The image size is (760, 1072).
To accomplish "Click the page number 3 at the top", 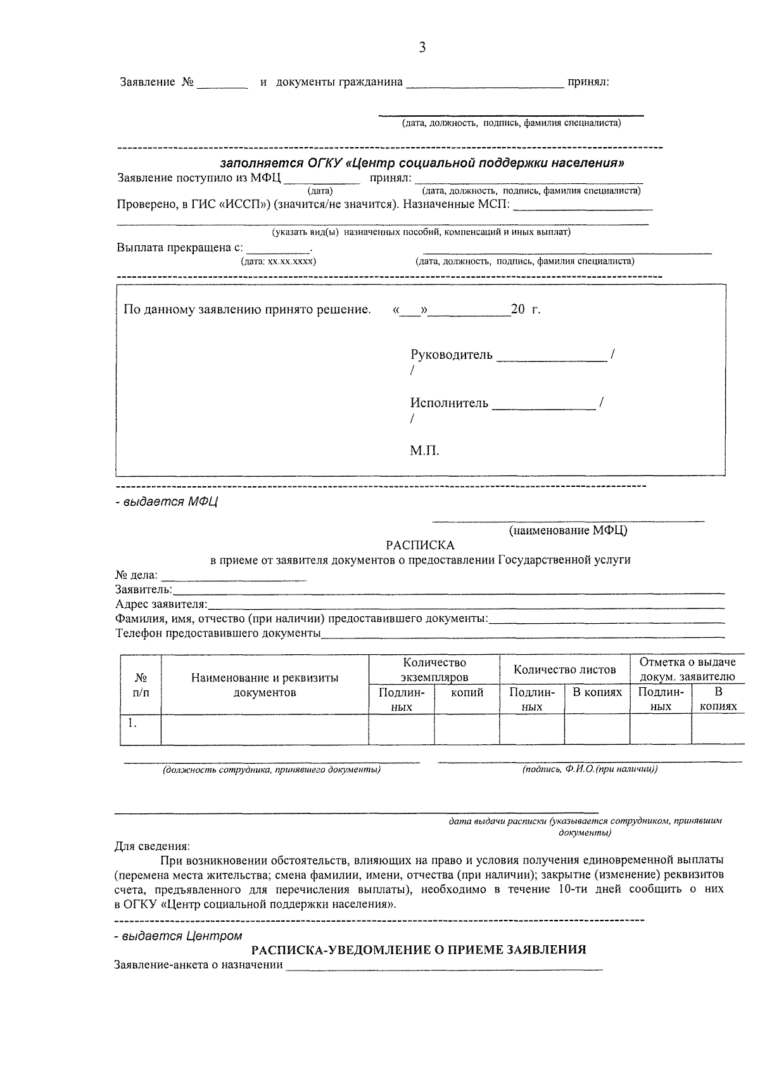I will tap(422, 48).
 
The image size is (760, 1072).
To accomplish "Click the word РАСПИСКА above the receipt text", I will tap(420, 545).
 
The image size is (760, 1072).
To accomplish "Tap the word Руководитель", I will tap(451, 355).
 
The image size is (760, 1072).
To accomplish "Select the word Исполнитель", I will tap(449, 403).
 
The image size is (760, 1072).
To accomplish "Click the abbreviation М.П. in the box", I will tap(424, 451).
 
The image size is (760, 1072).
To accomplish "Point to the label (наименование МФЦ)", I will tap(568, 531).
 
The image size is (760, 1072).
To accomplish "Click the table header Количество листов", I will tap(564, 669).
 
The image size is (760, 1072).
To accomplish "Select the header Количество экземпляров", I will tap(434, 669).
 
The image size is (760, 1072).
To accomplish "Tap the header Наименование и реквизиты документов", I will tap(265, 685).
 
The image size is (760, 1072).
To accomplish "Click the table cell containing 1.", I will tap(140, 729).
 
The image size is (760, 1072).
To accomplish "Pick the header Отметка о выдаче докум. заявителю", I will tap(687, 669).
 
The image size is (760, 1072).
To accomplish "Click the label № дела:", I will tap(137, 576).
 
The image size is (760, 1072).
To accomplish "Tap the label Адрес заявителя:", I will tap(161, 604).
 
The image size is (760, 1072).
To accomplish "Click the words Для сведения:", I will tap(151, 846).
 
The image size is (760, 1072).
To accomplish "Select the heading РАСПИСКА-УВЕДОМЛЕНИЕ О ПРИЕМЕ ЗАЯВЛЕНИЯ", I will tap(419, 950).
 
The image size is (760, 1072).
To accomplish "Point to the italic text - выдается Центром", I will tap(178, 936).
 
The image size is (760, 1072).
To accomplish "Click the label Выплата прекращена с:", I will tap(179, 247).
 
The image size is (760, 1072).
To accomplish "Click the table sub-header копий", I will tap(467, 693).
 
